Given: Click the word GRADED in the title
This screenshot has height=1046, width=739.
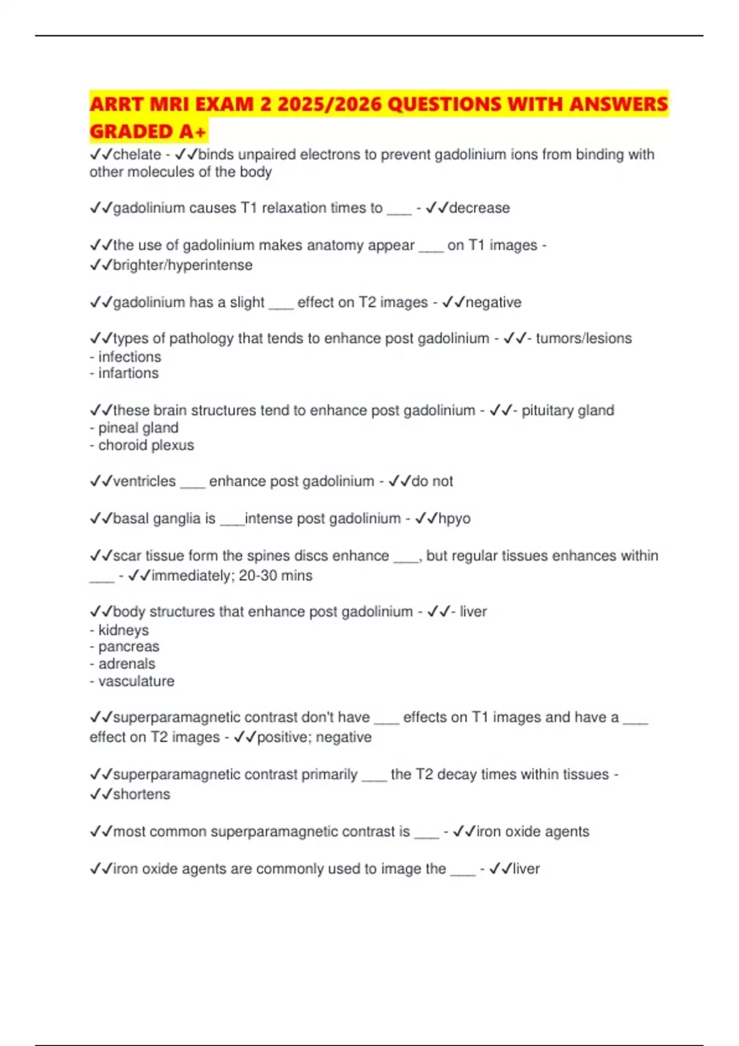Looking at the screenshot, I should (x=131, y=131).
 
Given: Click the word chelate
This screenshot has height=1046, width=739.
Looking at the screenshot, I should (x=137, y=154).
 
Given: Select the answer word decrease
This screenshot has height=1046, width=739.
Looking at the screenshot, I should (x=479, y=208).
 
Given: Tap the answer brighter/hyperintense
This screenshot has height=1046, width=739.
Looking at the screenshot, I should (x=183, y=265).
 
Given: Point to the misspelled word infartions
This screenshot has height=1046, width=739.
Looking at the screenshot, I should (x=128, y=373).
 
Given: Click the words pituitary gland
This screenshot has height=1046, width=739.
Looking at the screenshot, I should (x=568, y=410).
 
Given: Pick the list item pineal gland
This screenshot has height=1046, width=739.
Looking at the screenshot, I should (x=139, y=428).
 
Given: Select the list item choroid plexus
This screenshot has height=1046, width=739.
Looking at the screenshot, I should (x=146, y=445).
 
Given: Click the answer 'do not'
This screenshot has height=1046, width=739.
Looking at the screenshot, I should (x=432, y=481).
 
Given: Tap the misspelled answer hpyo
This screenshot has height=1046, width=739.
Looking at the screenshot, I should (x=454, y=519).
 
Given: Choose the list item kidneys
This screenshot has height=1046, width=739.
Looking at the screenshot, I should (x=123, y=630).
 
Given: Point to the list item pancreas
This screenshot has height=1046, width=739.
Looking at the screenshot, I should (x=129, y=647).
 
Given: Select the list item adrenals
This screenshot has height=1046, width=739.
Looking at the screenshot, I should (x=127, y=664).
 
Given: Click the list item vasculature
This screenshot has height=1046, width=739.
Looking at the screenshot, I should (x=136, y=681).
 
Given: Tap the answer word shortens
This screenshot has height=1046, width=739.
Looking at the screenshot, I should (x=142, y=794).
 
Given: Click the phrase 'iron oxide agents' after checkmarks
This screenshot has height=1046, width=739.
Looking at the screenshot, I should (x=533, y=832).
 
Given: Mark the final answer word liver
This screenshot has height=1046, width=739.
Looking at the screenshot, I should (x=526, y=869).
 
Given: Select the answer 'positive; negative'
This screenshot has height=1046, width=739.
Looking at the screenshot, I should (x=314, y=737).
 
